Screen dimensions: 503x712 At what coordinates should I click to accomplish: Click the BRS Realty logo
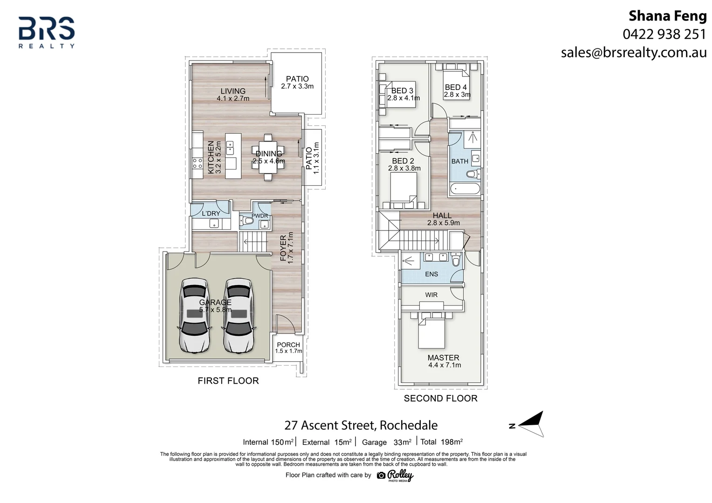47,32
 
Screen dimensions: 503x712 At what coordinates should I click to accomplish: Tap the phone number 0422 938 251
664,34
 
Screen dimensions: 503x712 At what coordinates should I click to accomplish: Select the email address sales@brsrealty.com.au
634,52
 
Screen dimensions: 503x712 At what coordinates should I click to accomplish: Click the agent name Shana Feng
667,16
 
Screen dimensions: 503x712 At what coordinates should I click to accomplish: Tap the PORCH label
288,345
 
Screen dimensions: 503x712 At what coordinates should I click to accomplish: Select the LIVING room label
233,91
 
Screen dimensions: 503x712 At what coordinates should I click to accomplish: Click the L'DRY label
211,213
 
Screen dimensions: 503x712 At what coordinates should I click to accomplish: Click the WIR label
431,295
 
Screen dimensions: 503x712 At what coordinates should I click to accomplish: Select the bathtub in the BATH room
464,190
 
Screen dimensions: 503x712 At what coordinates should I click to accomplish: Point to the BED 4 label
455,87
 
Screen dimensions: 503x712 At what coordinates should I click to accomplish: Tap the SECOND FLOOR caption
440,398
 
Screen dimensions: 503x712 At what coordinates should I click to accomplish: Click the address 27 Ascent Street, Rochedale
361,425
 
